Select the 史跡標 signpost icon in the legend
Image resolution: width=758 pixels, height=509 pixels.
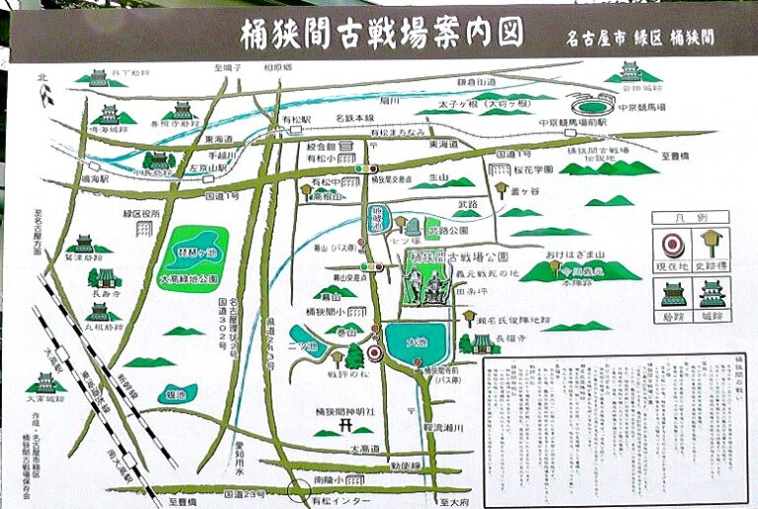tap(711, 243)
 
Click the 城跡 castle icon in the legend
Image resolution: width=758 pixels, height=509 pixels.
tap(711, 294)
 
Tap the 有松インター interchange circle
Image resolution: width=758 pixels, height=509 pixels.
tap(299, 487)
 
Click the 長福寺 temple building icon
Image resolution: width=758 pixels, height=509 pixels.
tap(483, 344)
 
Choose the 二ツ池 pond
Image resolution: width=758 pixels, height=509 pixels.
tap(308, 339)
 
